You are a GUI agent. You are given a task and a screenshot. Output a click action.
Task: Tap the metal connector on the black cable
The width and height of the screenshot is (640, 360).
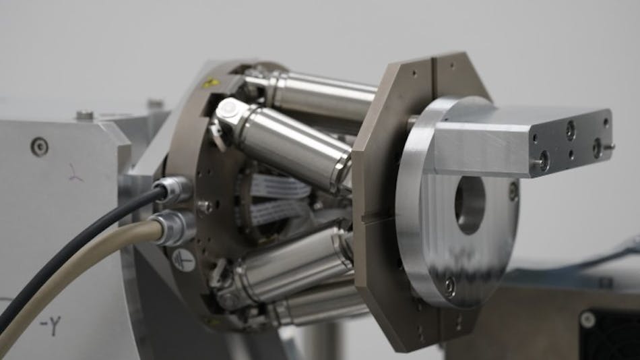point(173,191)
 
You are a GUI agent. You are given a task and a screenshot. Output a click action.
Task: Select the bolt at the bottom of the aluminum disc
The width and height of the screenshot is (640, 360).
point(449,287)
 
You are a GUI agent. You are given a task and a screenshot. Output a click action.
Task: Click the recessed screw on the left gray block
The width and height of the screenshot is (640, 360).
point(39,145)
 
